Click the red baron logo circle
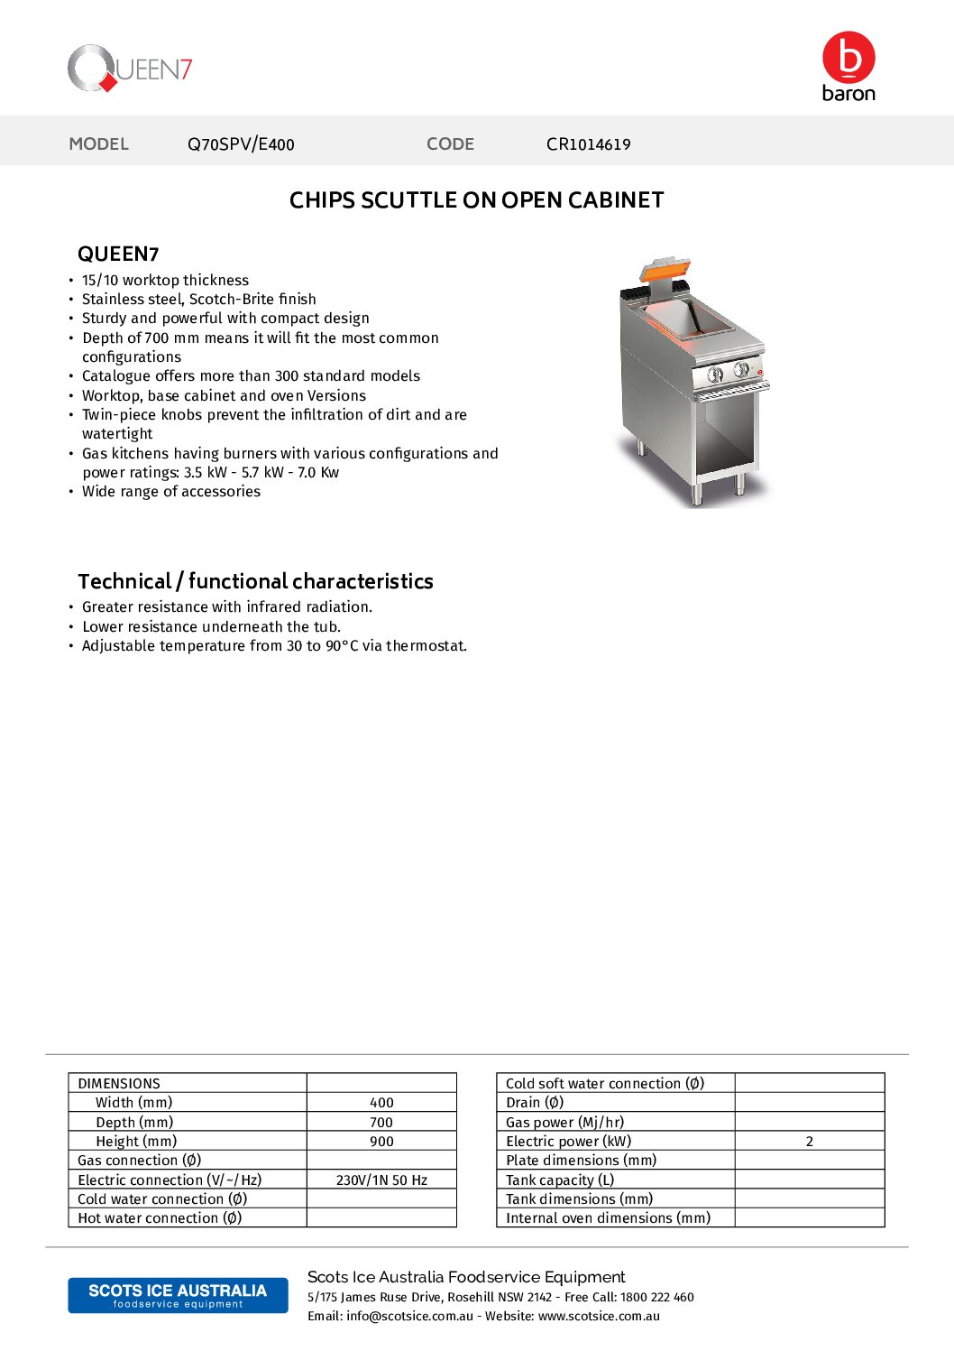(849, 58)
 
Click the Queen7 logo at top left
(130, 69)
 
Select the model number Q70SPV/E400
(241, 144)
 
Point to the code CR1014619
(588, 144)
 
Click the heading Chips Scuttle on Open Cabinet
(476, 200)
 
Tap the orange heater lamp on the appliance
(665, 270)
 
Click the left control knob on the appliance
(715, 374)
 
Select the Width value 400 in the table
(381, 1103)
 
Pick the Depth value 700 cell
(381, 1123)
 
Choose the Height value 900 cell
(381, 1142)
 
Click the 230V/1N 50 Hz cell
(381, 1180)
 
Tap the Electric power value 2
(809, 1142)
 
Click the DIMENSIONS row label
(119, 1084)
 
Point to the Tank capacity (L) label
(560, 1180)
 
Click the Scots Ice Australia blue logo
(178, 1295)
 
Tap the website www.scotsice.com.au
(599, 1317)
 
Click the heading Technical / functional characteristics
(255, 581)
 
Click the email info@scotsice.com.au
(409, 1317)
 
